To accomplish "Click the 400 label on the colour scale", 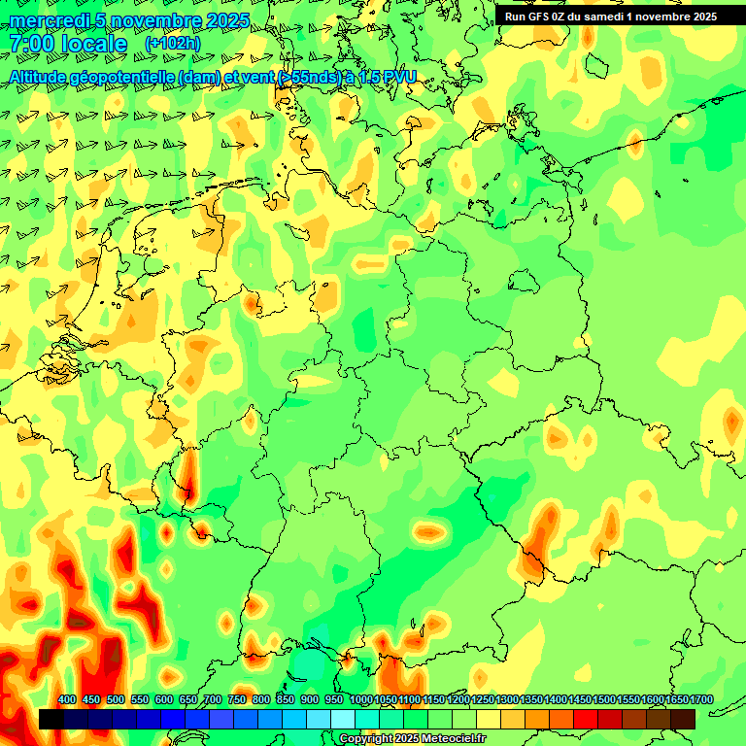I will [x=67, y=700].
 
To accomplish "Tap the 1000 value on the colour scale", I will [x=360, y=700].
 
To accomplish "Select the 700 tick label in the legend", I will [x=213, y=700].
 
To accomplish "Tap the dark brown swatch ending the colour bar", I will [x=683, y=719].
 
